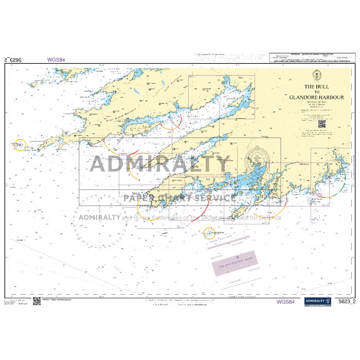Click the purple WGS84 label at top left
point(56,60)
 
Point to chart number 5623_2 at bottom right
point(347,301)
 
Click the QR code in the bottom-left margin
point(37,301)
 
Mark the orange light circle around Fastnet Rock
point(209,234)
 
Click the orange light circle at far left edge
point(20,145)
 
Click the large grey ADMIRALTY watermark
point(159,165)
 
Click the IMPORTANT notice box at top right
point(313,58)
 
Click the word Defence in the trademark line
point(272,217)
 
